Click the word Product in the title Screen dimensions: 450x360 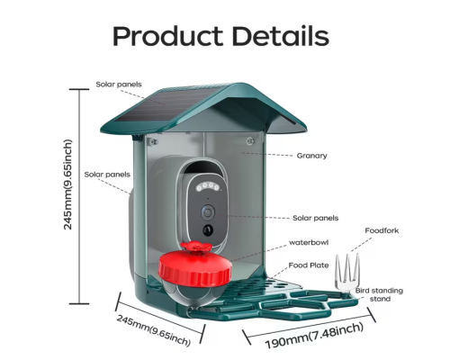167,36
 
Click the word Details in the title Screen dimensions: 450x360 281,36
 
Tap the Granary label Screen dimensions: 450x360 311,156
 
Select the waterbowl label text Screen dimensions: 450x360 309,242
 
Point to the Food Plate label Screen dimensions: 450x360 309,265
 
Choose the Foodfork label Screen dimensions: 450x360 382,230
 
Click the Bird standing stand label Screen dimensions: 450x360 379,294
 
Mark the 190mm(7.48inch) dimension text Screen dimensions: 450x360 314,336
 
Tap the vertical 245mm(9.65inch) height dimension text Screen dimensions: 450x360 68,184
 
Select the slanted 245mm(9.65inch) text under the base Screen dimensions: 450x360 154,330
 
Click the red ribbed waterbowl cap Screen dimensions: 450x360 195,268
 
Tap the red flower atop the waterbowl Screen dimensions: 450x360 196,247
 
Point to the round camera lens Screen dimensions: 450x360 208,212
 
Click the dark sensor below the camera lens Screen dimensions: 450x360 208,230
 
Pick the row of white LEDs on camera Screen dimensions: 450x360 208,186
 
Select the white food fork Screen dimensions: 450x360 347,273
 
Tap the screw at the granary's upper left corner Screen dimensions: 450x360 153,142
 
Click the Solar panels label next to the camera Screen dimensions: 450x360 315,218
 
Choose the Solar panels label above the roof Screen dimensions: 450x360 119,85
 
